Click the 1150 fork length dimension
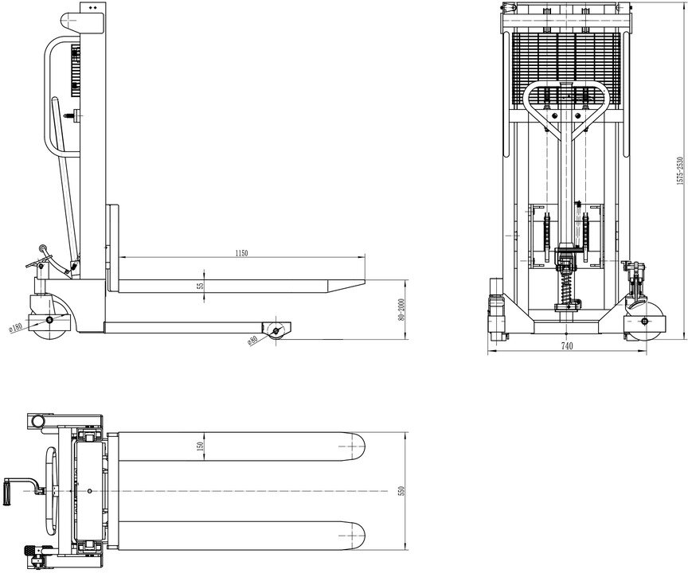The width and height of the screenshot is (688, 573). [242, 252]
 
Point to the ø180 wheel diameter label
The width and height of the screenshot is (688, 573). [14, 325]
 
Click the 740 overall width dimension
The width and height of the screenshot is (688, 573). [566, 346]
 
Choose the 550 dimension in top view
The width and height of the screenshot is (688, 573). [402, 493]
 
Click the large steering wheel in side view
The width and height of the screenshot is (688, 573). [49, 318]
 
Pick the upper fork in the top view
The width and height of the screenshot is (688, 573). [239, 448]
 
